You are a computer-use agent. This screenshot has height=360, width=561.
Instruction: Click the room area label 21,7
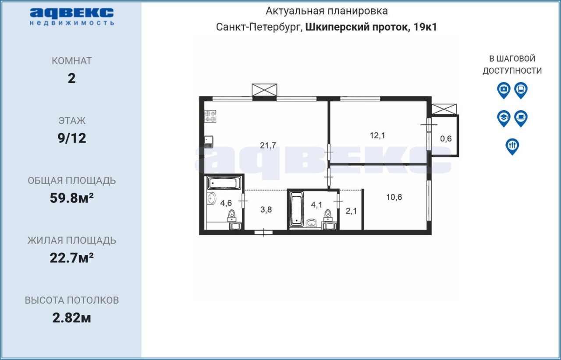coord(268,145)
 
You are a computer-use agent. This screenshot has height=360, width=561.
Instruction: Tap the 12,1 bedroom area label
coord(377,135)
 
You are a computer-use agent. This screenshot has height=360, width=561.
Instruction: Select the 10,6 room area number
coord(394,197)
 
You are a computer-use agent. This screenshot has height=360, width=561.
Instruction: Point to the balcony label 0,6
coord(446,138)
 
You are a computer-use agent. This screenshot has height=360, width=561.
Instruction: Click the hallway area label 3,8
coord(266,209)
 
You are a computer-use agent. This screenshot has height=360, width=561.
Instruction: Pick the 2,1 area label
coord(351,211)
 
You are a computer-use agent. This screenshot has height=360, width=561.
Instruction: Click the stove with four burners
coord(210,116)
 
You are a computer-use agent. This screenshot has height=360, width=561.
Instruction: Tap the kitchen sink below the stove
coord(209,142)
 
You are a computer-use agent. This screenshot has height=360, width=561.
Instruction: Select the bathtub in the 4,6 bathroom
coord(224,183)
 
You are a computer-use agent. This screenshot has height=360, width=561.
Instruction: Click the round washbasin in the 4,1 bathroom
coord(312,222)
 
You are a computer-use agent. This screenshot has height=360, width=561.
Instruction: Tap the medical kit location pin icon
coord(504,90)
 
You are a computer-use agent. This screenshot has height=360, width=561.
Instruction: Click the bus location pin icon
coord(521,90)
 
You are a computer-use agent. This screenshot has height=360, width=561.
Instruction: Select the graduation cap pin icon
coord(504,118)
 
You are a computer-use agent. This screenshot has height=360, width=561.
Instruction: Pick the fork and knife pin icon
coord(512,146)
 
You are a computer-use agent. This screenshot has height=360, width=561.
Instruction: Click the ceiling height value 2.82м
coord(71,318)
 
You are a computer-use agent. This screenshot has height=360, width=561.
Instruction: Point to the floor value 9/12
coord(71,138)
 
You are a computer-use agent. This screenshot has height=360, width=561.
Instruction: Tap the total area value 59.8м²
coord(71,198)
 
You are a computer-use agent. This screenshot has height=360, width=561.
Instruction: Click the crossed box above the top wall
coord(264,90)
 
